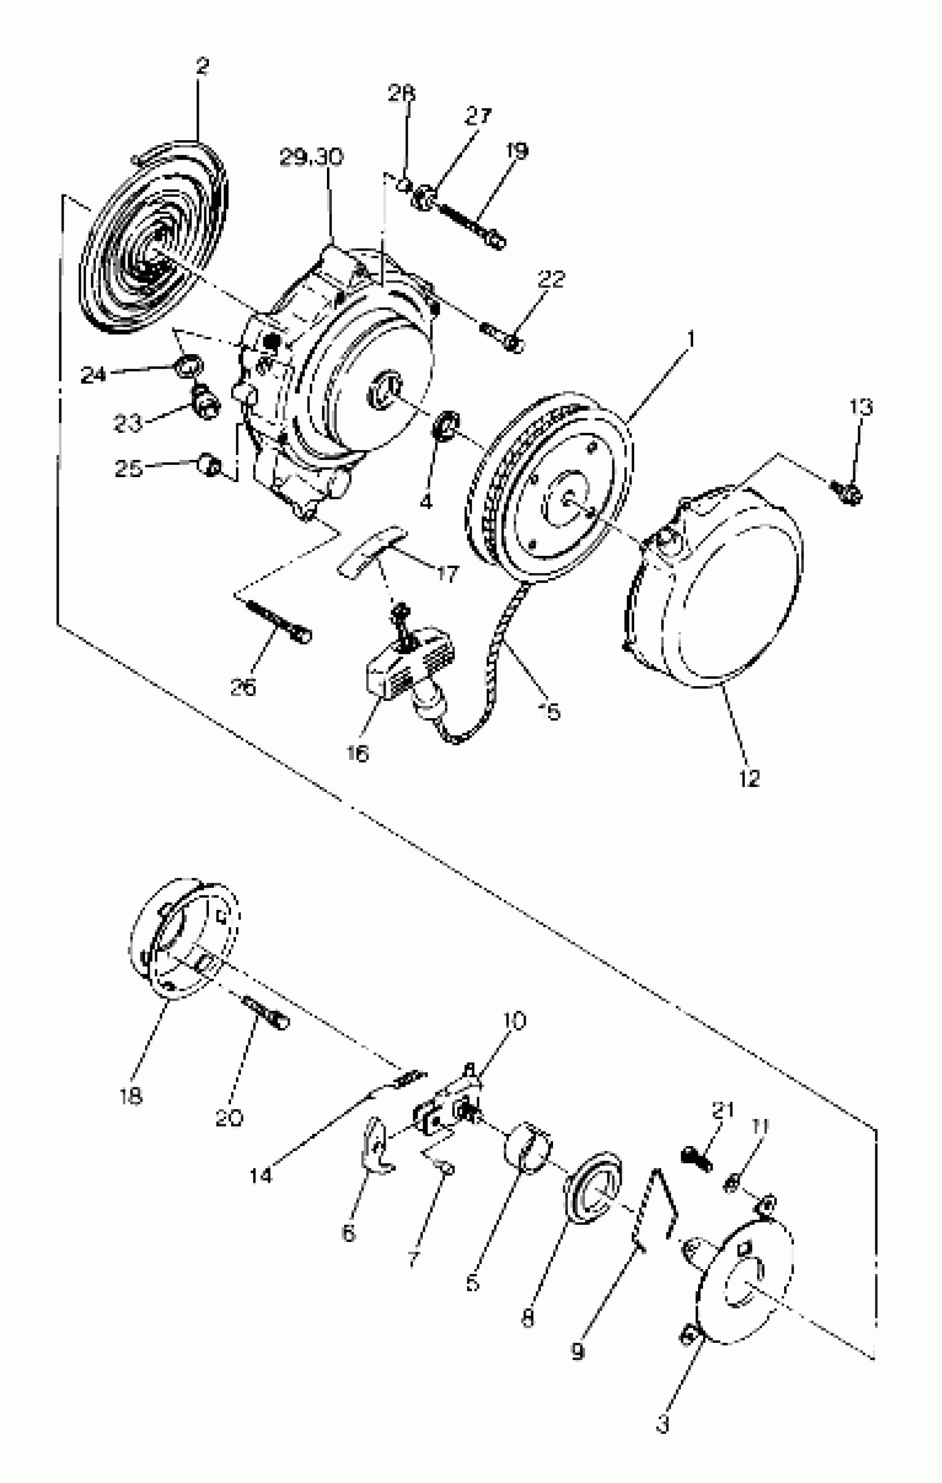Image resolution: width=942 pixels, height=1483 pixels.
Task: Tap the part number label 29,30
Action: click(311, 157)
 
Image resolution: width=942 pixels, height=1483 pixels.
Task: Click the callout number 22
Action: click(550, 279)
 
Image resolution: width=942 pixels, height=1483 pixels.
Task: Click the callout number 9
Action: click(577, 1352)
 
